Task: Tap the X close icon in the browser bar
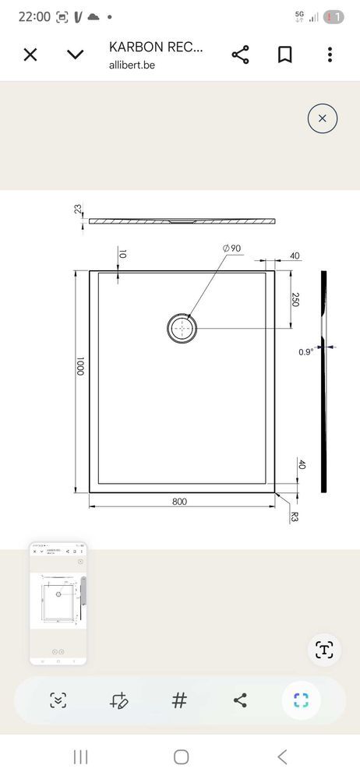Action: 30,55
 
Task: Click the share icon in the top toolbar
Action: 240,55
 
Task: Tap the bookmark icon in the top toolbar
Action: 284,55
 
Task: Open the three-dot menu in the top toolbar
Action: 330,55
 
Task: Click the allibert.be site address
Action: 132,65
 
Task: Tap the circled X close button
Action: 323,118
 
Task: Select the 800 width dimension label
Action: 179,502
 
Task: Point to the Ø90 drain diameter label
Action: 231,249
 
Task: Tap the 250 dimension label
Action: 295,300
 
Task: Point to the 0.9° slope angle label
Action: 305,351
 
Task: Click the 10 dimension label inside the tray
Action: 123,254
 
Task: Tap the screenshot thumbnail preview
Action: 58,604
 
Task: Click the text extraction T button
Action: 324,650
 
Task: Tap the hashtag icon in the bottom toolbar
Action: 179,700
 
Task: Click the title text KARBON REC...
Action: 156,48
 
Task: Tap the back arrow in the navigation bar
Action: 282,756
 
